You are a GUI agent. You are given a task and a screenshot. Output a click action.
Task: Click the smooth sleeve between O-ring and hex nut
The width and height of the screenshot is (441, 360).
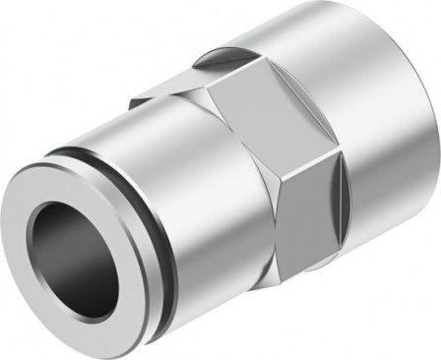[172, 177]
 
